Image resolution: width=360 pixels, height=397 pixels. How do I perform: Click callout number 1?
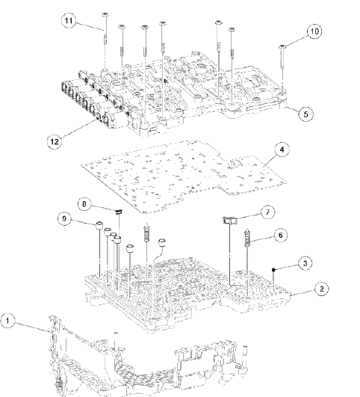8,321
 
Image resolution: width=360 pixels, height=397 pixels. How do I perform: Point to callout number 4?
282,150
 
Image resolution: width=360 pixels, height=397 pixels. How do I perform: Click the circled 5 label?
305,114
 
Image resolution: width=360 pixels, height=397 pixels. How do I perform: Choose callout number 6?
280,235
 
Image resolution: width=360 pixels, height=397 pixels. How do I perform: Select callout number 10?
313,32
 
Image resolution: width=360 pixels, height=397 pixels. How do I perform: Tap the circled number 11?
69,23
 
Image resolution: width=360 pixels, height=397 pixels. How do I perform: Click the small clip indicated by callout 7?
229,219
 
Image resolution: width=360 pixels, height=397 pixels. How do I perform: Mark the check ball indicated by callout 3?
276,267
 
